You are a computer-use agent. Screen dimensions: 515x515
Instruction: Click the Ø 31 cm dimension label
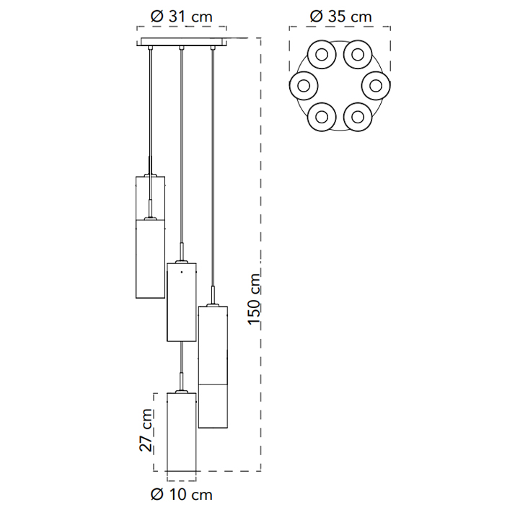(x=181, y=17)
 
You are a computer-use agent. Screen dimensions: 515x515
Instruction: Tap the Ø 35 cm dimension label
(x=340, y=17)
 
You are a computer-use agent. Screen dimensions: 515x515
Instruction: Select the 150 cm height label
(x=254, y=299)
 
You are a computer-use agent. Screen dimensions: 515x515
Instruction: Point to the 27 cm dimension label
(x=146, y=430)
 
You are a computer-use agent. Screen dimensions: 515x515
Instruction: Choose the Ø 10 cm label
(x=181, y=494)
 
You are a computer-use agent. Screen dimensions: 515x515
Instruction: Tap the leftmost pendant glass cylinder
(x=151, y=237)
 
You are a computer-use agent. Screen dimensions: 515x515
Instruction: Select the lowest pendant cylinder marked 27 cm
(x=182, y=432)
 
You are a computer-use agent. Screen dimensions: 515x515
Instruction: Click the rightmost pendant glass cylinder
(x=214, y=367)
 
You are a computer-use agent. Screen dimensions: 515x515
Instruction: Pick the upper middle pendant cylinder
(x=182, y=302)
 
